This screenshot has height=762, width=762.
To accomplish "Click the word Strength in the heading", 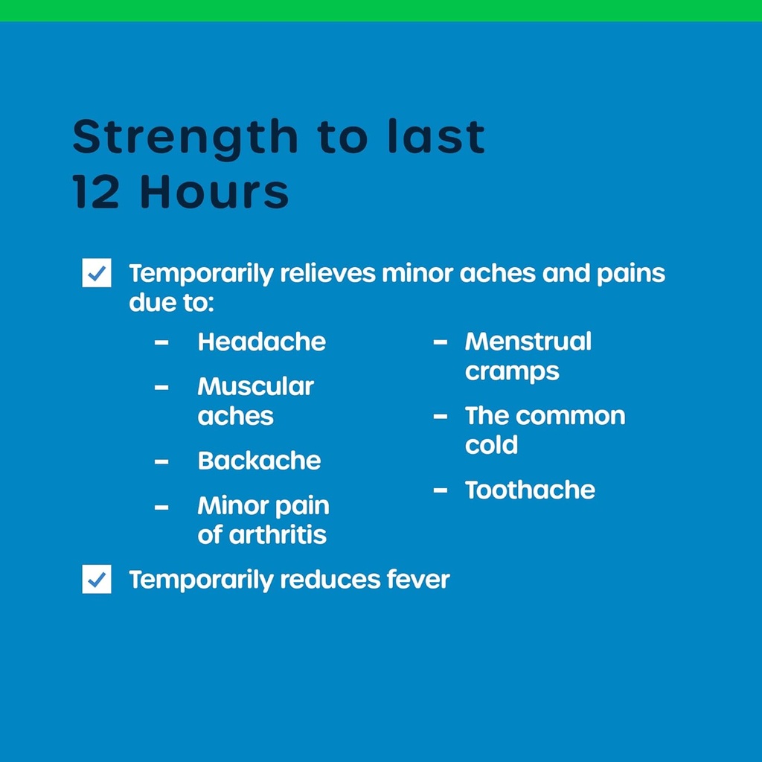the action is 185,138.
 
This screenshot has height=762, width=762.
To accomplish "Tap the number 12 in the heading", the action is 96,191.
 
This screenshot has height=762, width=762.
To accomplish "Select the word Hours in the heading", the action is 214,191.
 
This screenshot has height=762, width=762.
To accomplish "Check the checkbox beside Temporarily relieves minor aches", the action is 97,272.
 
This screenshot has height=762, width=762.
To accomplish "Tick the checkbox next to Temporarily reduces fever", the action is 97,579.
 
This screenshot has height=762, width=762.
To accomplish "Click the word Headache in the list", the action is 261,342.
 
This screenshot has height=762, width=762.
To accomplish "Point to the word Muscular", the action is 256,387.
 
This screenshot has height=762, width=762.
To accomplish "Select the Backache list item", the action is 259,460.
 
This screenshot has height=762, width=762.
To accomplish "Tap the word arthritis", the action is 278,534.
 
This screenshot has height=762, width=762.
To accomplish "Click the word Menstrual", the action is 528,341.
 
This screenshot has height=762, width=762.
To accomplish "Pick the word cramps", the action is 512,372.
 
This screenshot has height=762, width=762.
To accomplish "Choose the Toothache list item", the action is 530,490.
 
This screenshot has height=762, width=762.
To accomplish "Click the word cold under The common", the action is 491,445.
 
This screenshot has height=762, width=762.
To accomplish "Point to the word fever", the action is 418,579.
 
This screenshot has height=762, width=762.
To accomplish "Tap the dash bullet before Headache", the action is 161,342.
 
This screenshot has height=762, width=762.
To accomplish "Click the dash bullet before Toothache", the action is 441,490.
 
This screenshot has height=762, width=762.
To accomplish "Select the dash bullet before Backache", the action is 161,461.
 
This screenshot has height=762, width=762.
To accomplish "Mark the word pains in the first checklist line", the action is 631,274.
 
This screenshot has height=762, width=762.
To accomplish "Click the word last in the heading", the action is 436,137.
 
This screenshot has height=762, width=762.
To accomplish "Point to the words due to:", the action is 172,302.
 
